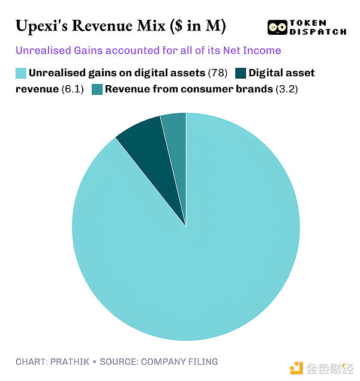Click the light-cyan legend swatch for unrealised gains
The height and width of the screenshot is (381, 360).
tap(20, 73)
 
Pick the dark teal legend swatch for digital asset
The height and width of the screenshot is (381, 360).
tap(239, 73)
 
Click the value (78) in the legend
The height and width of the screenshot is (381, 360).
tap(217, 73)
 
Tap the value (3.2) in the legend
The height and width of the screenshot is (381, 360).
tap(286, 90)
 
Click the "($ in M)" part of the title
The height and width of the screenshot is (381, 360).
tap(196, 26)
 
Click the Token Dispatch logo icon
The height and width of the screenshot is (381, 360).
tap(277, 27)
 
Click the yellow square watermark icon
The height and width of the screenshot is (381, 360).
tap(296, 367)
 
